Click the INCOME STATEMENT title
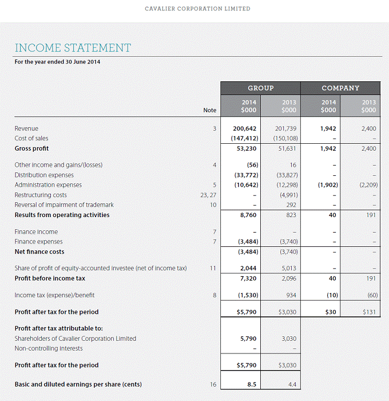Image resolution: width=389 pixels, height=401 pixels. [x=73, y=48]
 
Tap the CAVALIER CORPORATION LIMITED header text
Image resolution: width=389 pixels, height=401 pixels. [x=197, y=9]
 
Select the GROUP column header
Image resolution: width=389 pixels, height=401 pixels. [x=260, y=88]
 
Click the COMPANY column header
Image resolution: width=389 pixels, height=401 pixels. [x=340, y=88]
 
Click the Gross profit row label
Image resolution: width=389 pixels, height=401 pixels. [x=31, y=148]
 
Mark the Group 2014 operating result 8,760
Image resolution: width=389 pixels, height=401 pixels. [x=248, y=215]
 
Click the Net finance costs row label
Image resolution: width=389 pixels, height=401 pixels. [x=39, y=251]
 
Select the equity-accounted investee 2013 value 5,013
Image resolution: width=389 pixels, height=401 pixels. [x=288, y=268]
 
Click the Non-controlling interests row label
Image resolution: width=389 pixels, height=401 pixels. [x=49, y=348]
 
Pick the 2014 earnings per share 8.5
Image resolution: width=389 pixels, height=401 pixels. [x=251, y=384]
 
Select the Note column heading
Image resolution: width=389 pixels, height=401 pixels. [x=210, y=110]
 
